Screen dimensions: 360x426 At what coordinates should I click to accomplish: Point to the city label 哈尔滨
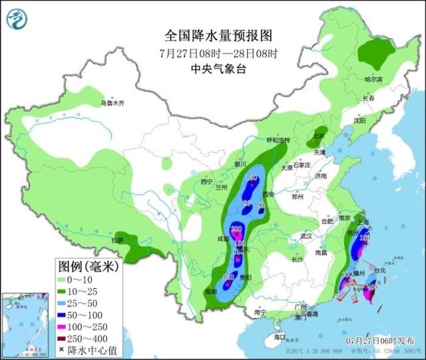pyautogui.click(x=374, y=79)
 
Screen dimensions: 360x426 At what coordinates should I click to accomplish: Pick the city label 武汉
pyautogui.click(x=306, y=236)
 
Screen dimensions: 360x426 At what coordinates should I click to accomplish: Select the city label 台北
pyautogui.click(x=379, y=271)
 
